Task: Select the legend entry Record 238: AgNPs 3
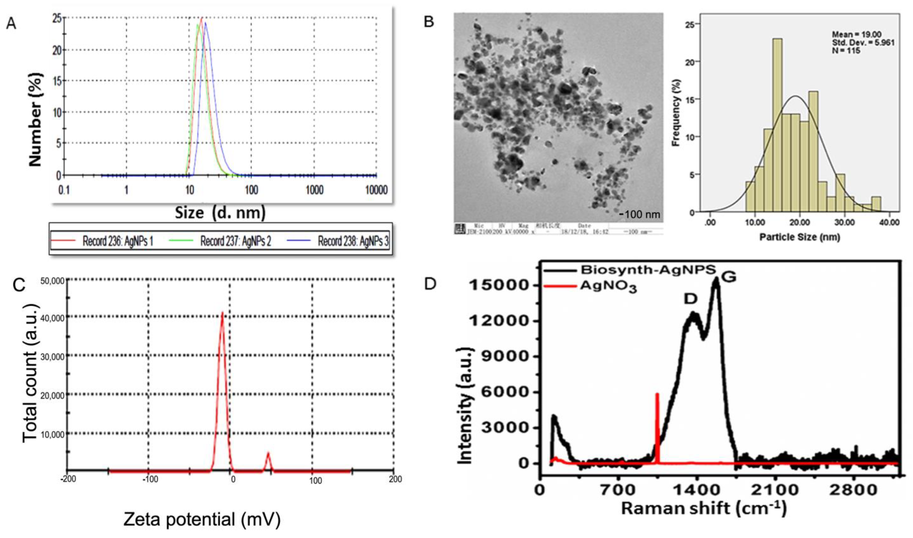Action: click(x=353, y=241)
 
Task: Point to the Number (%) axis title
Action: click(x=35, y=120)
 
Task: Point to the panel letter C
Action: click(x=19, y=285)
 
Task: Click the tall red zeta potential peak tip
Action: click(x=222, y=313)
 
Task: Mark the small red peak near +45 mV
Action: click(x=268, y=453)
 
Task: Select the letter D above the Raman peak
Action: click(x=691, y=298)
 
